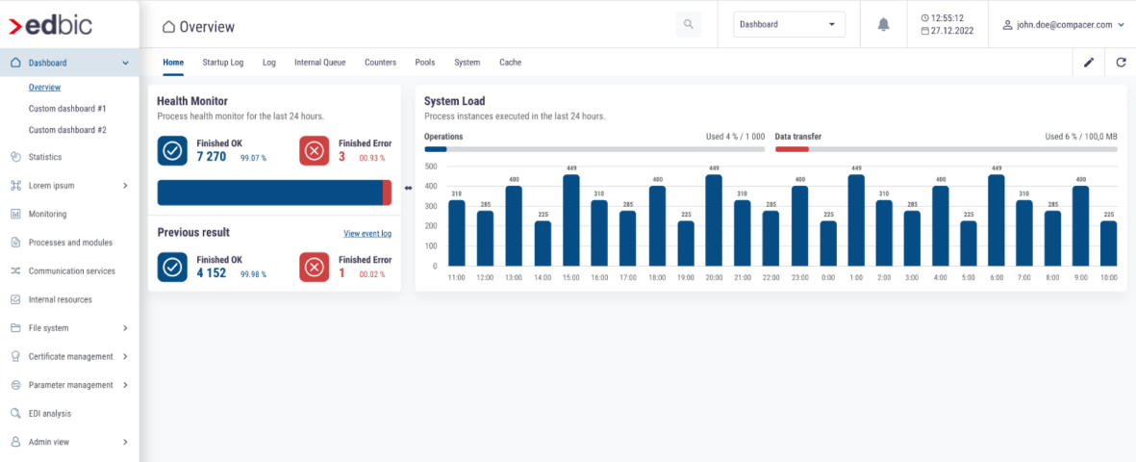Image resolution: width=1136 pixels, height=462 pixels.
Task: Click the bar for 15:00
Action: tap(571, 220)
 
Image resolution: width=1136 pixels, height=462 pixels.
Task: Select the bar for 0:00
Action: tap(828, 244)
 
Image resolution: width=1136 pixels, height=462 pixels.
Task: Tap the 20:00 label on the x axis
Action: tap(714, 277)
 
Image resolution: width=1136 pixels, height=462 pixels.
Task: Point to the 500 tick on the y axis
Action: tap(430, 167)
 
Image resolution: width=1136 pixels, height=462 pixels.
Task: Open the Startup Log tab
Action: tap(223, 63)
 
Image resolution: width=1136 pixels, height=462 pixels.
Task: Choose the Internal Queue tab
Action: tap(319, 63)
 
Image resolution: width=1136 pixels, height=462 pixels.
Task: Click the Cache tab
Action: tap(510, 63)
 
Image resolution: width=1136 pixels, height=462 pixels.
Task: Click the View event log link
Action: tap(367, 234)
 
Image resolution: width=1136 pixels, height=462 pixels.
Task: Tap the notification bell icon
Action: tap(884, 25)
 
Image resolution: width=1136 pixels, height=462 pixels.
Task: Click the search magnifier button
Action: tap(688, 25)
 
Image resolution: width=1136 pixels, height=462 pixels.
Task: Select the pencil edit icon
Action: tap(1089, 63)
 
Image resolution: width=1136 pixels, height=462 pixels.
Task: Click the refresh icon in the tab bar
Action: tap(1121, 63)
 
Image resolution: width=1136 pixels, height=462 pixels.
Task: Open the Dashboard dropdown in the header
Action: tap(789, 25)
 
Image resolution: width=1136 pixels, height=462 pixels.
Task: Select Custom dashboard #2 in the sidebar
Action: tap(67, 130)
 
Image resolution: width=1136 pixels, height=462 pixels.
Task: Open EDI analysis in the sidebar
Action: tap(50, 414)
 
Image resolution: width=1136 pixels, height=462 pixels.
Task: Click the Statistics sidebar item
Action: tap(45, 157)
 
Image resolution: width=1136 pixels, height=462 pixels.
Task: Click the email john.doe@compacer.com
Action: tap(1063, 25)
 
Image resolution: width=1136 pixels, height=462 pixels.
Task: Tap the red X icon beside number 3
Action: tap(315, 151)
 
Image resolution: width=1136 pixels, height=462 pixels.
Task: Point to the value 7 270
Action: tap(212, 157)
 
